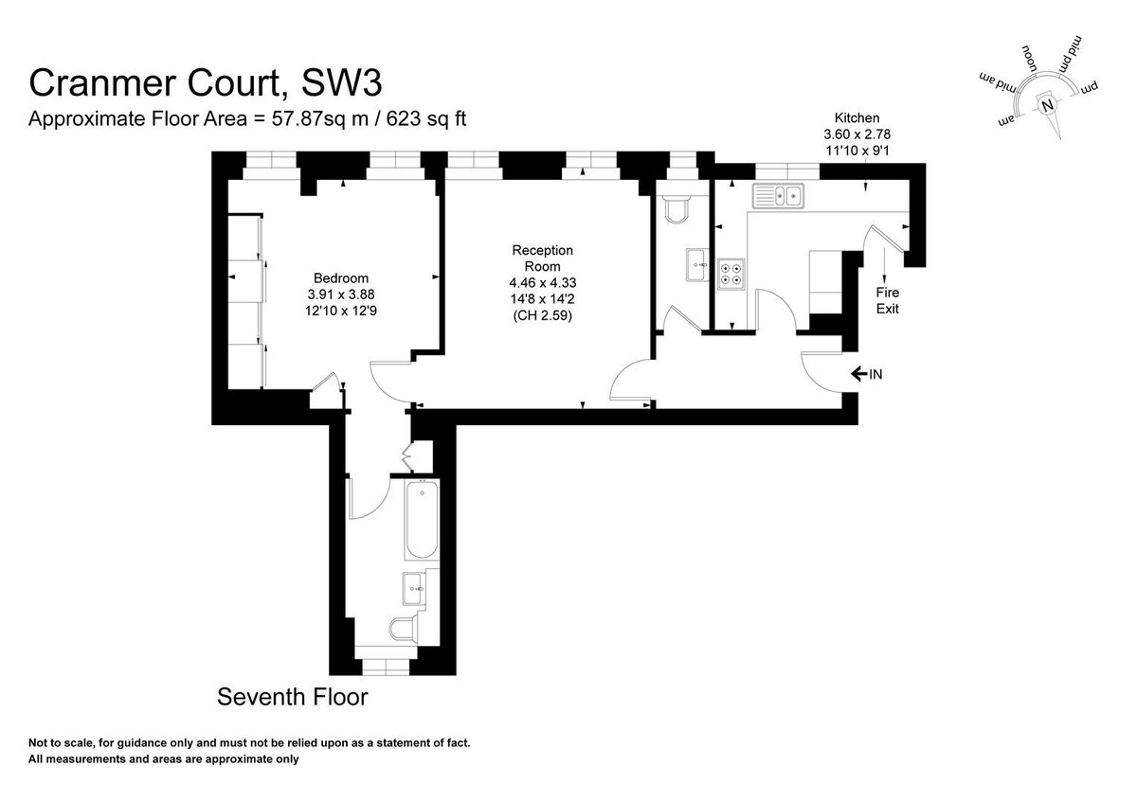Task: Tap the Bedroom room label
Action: coord(341,278)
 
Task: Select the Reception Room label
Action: coord(542,258)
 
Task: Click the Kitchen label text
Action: coord(857,118)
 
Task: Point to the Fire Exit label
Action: coord(887,300)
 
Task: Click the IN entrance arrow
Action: coord(866,375)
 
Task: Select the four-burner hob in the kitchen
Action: coord(731,272)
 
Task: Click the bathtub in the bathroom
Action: coord(421,521)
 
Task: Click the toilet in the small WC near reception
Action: coord(677,209)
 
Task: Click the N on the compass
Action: coord(1047,106)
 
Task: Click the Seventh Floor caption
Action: coord(292,698)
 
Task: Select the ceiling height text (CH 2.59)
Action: coord(542,314)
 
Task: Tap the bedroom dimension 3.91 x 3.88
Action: coord(341,294)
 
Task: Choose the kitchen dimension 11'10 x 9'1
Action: coord(857,149)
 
